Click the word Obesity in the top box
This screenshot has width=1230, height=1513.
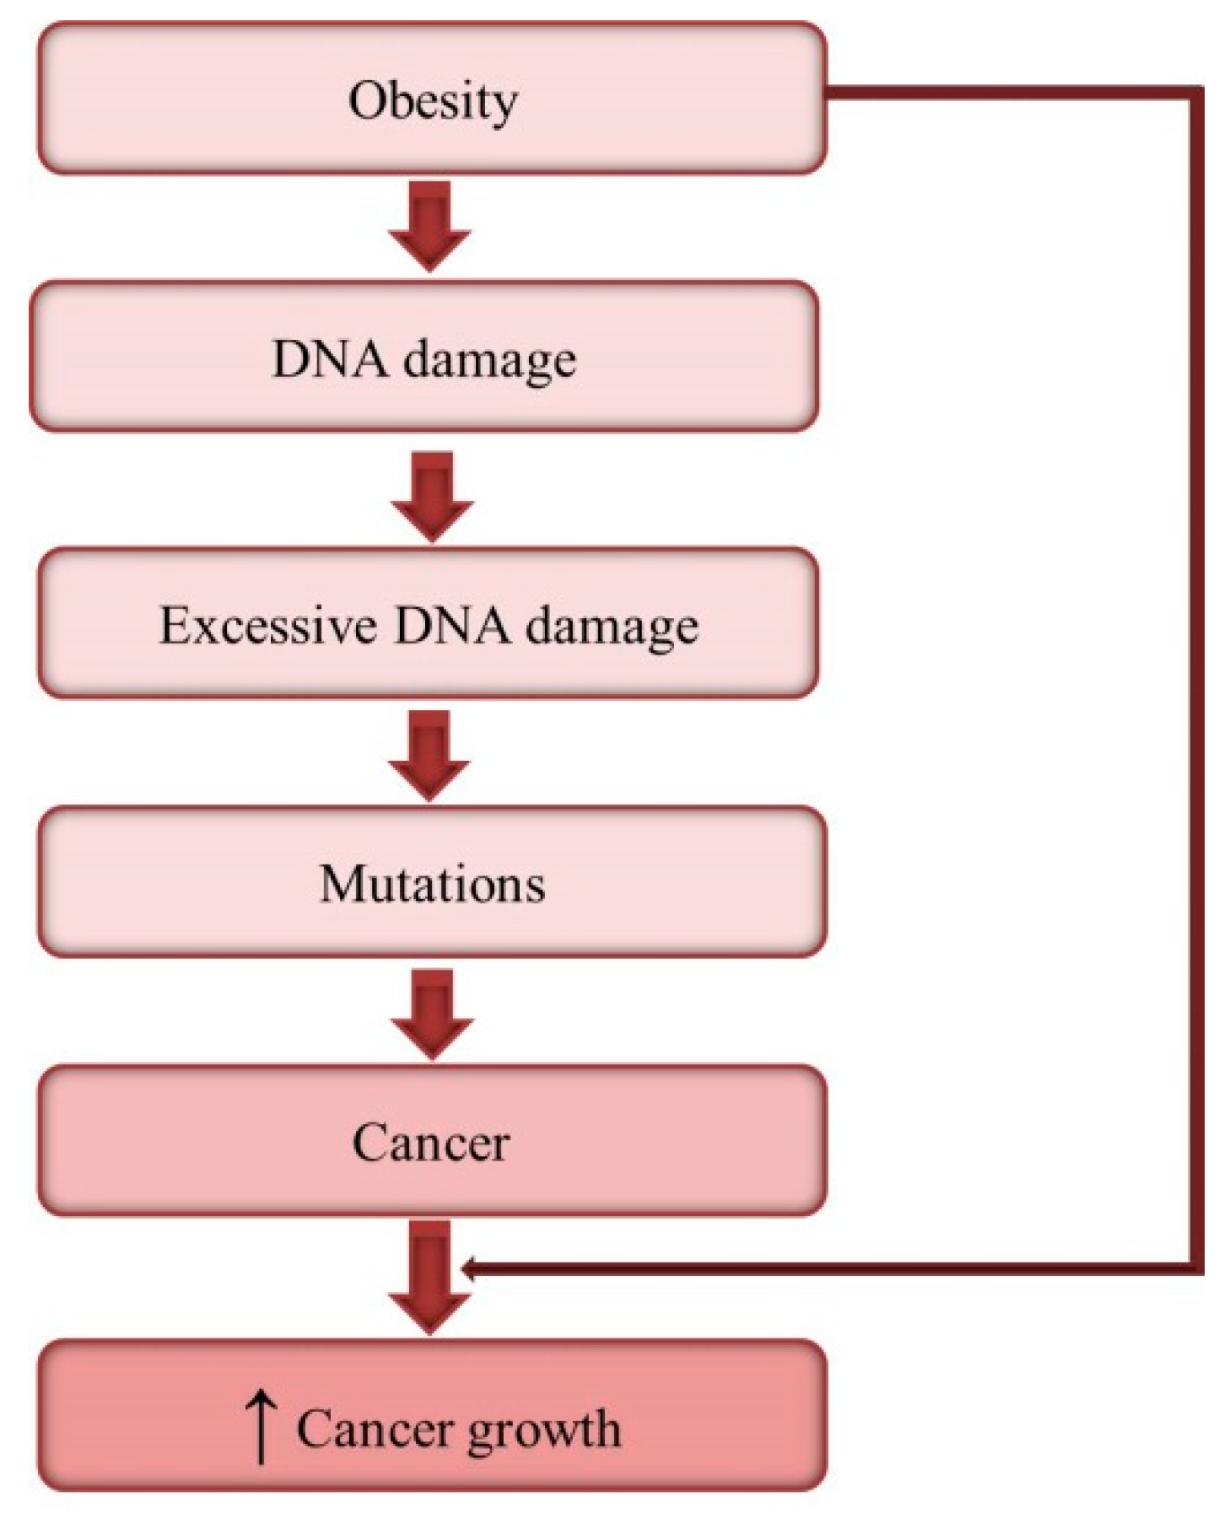tap(433, 101)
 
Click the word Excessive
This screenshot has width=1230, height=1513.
tap(268, 626)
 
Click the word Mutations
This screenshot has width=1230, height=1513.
tap(432, 884)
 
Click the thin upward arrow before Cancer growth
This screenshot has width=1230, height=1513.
tap(261, 1427)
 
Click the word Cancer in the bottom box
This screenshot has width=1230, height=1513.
tap(375, 1429)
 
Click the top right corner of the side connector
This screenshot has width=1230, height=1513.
tap(1196, 92)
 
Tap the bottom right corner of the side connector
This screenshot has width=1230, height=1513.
tap(1196, 1268)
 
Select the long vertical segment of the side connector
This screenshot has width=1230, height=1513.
tap(1196, 675)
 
